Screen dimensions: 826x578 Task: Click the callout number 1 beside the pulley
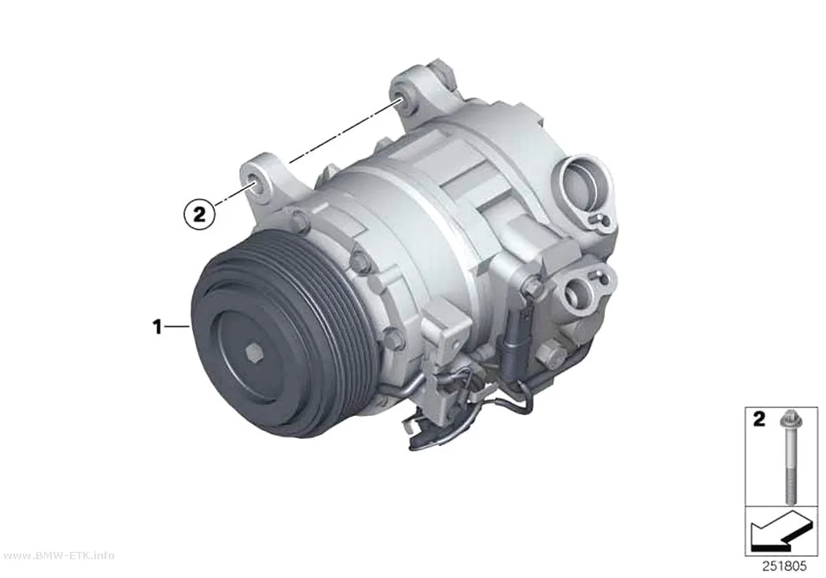click(157, 327)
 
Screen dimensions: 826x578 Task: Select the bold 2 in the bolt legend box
click(758, 419)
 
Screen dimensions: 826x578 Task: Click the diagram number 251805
click(784, 566)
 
